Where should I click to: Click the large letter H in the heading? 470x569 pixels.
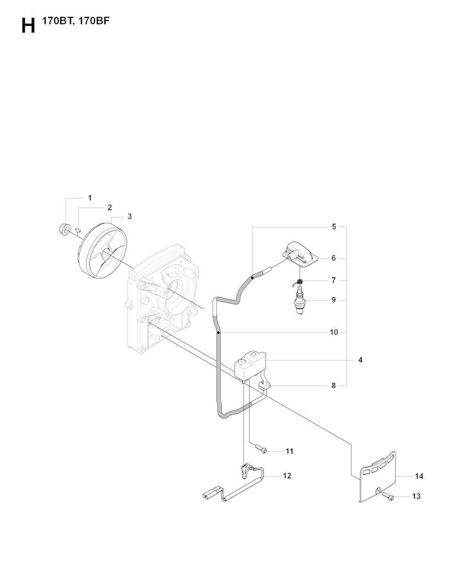[28, 26]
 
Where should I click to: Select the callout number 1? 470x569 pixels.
[90, 198]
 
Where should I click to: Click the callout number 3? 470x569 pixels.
[129, 216]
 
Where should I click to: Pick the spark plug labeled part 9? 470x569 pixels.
[300, 302]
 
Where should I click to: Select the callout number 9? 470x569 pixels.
[333, 300]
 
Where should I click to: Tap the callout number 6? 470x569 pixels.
[333, 258]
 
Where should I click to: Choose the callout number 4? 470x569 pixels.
[360, 360]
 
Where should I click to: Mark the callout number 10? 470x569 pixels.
[334, 332]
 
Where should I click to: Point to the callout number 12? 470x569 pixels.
[287, 475]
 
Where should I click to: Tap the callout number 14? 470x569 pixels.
[419, 476]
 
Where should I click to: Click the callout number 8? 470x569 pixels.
[333, 386]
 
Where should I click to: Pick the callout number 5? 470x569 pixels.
[334, 226]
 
